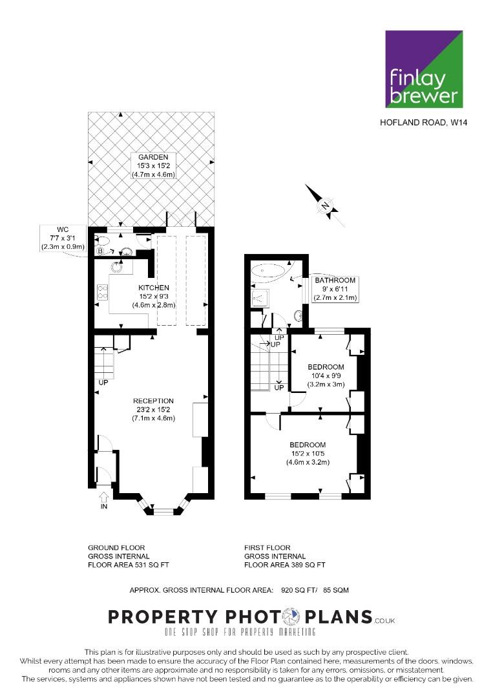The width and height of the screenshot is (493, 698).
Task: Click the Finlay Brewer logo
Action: (424, 69)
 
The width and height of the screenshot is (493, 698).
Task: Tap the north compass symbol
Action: (325, 206)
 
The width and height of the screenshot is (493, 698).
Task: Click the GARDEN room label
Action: (153, 157)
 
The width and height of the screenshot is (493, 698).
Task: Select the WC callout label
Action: (63, 238)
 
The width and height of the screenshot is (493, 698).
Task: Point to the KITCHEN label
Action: (154, 288)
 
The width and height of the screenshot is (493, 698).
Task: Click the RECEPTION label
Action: (154, 401)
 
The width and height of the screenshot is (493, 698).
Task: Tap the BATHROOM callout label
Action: (335, 289)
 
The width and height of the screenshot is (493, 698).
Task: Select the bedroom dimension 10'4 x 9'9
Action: (326, 375)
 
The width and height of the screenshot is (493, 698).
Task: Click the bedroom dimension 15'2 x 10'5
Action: (308, 454)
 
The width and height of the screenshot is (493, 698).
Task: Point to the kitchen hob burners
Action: (103, 291)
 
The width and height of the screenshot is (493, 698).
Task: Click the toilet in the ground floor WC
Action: (102, 241)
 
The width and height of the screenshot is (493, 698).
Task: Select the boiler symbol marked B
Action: (101, 251)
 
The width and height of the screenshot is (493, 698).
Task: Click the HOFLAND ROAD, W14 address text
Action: (424, 122)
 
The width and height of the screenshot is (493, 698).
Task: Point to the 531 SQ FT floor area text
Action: (152, 565)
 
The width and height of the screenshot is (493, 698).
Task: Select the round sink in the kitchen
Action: (117, 268)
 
